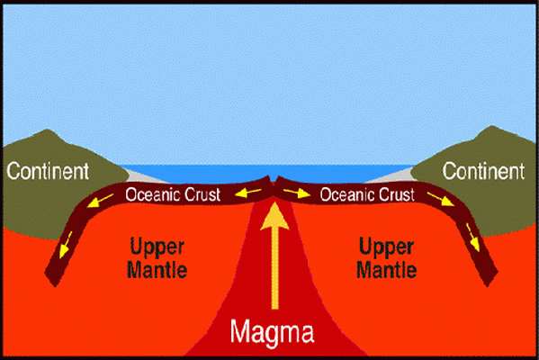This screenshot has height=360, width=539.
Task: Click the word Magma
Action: click(272, 331)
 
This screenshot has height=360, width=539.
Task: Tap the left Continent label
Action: click(48, 171)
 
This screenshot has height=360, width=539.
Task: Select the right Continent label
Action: click(483, 171)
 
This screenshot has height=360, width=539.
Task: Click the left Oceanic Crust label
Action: click(173, 194)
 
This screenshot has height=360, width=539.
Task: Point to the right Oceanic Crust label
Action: click(367, 194)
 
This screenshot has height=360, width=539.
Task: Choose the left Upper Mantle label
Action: click(157, 258)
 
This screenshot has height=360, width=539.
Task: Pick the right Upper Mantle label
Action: click(386, 258)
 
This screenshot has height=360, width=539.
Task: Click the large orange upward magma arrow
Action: click(274, 256)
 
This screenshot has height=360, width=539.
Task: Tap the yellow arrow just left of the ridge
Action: click(248, 193)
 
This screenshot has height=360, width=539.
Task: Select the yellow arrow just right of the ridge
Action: click(297, 193)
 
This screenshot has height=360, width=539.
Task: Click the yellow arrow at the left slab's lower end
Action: click(66, 245)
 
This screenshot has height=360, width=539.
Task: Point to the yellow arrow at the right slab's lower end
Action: click(473, 237)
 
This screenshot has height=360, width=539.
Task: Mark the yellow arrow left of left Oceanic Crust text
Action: click(100, 201)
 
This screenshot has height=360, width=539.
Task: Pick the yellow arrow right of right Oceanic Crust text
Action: click(441, 199)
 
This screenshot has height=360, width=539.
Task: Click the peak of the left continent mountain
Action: click(48, 130)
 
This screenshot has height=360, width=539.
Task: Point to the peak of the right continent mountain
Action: click(492, 126)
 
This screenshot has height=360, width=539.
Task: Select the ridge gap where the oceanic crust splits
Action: click(274, 181)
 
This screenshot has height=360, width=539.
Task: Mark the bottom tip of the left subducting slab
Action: click(55, 286)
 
